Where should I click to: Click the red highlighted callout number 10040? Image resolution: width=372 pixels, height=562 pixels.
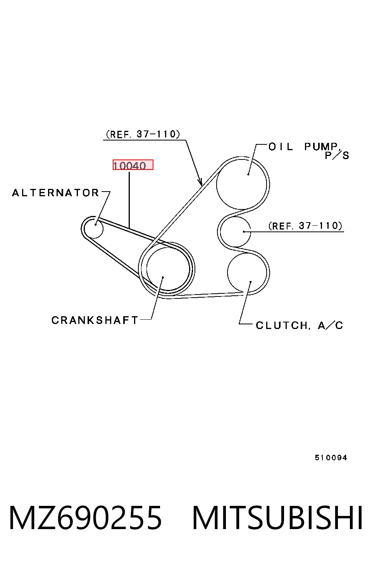click(x=133, y=165)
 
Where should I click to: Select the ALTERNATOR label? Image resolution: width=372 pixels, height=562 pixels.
click(x=56, y=193)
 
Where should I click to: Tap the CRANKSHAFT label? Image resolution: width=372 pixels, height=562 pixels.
click(x=95, y=320)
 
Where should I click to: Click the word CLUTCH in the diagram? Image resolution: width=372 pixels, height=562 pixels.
click(x=282, y=326)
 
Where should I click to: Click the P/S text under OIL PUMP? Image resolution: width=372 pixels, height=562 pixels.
click(x=337, y=156)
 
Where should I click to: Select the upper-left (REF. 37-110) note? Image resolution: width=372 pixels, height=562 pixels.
click(x=143, y=134)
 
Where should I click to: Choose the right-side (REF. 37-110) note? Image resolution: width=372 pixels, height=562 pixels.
click(x=305, y=226)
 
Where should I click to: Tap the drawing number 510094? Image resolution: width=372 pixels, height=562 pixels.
click(x=331, y=458)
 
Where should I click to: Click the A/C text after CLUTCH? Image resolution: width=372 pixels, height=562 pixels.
click(x=330, y=326)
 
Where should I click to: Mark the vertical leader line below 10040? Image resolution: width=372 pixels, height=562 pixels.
click(x=129, y=200)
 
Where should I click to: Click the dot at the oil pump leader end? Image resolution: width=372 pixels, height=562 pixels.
click(x=248, y=175)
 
